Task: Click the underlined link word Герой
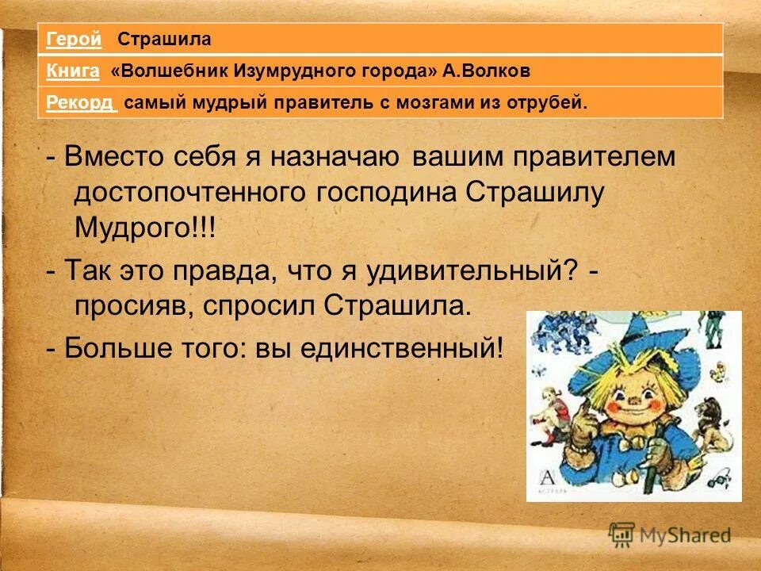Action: click(74, 39)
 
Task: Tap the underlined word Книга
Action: click(72, 71)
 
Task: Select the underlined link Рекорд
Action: click(80, 103)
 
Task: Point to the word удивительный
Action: click(467, 272)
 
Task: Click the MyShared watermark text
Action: click(683, 535)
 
